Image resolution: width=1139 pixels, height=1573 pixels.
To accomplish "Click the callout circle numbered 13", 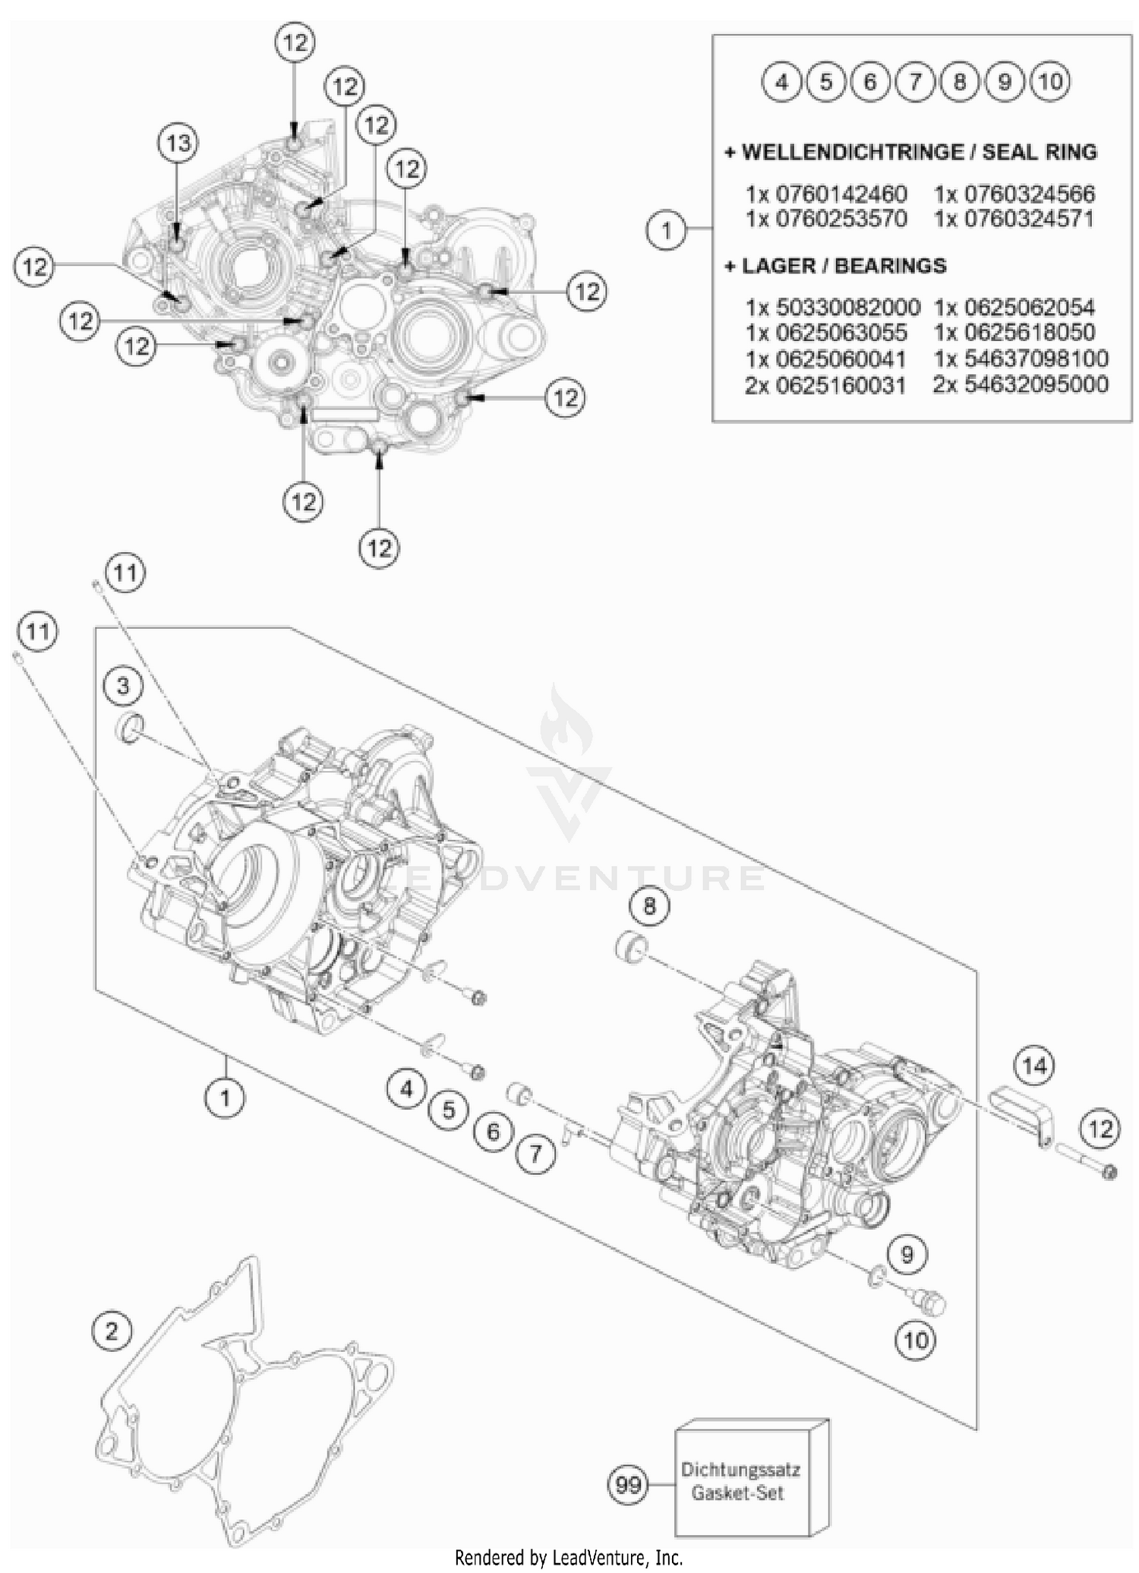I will click(x=178, y=143).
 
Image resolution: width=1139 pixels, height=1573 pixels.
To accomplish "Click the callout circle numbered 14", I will click(x=1034, y=1066).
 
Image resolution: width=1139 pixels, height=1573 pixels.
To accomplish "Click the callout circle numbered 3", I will click(x=124, y=687).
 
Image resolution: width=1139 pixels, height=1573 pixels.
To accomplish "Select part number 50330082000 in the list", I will click(x=832, y=308).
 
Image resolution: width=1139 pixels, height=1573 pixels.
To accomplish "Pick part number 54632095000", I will click(x=1021, y=384).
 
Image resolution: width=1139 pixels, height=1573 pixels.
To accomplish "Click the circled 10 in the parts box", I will click(x=1050, y=81).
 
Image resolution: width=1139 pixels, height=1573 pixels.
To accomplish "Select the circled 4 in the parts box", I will click(x=781, y=81).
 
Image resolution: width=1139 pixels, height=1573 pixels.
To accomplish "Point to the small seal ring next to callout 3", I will click(x=130, y=728).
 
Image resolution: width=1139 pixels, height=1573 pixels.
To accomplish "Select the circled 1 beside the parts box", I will click(x=666, y=229).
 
